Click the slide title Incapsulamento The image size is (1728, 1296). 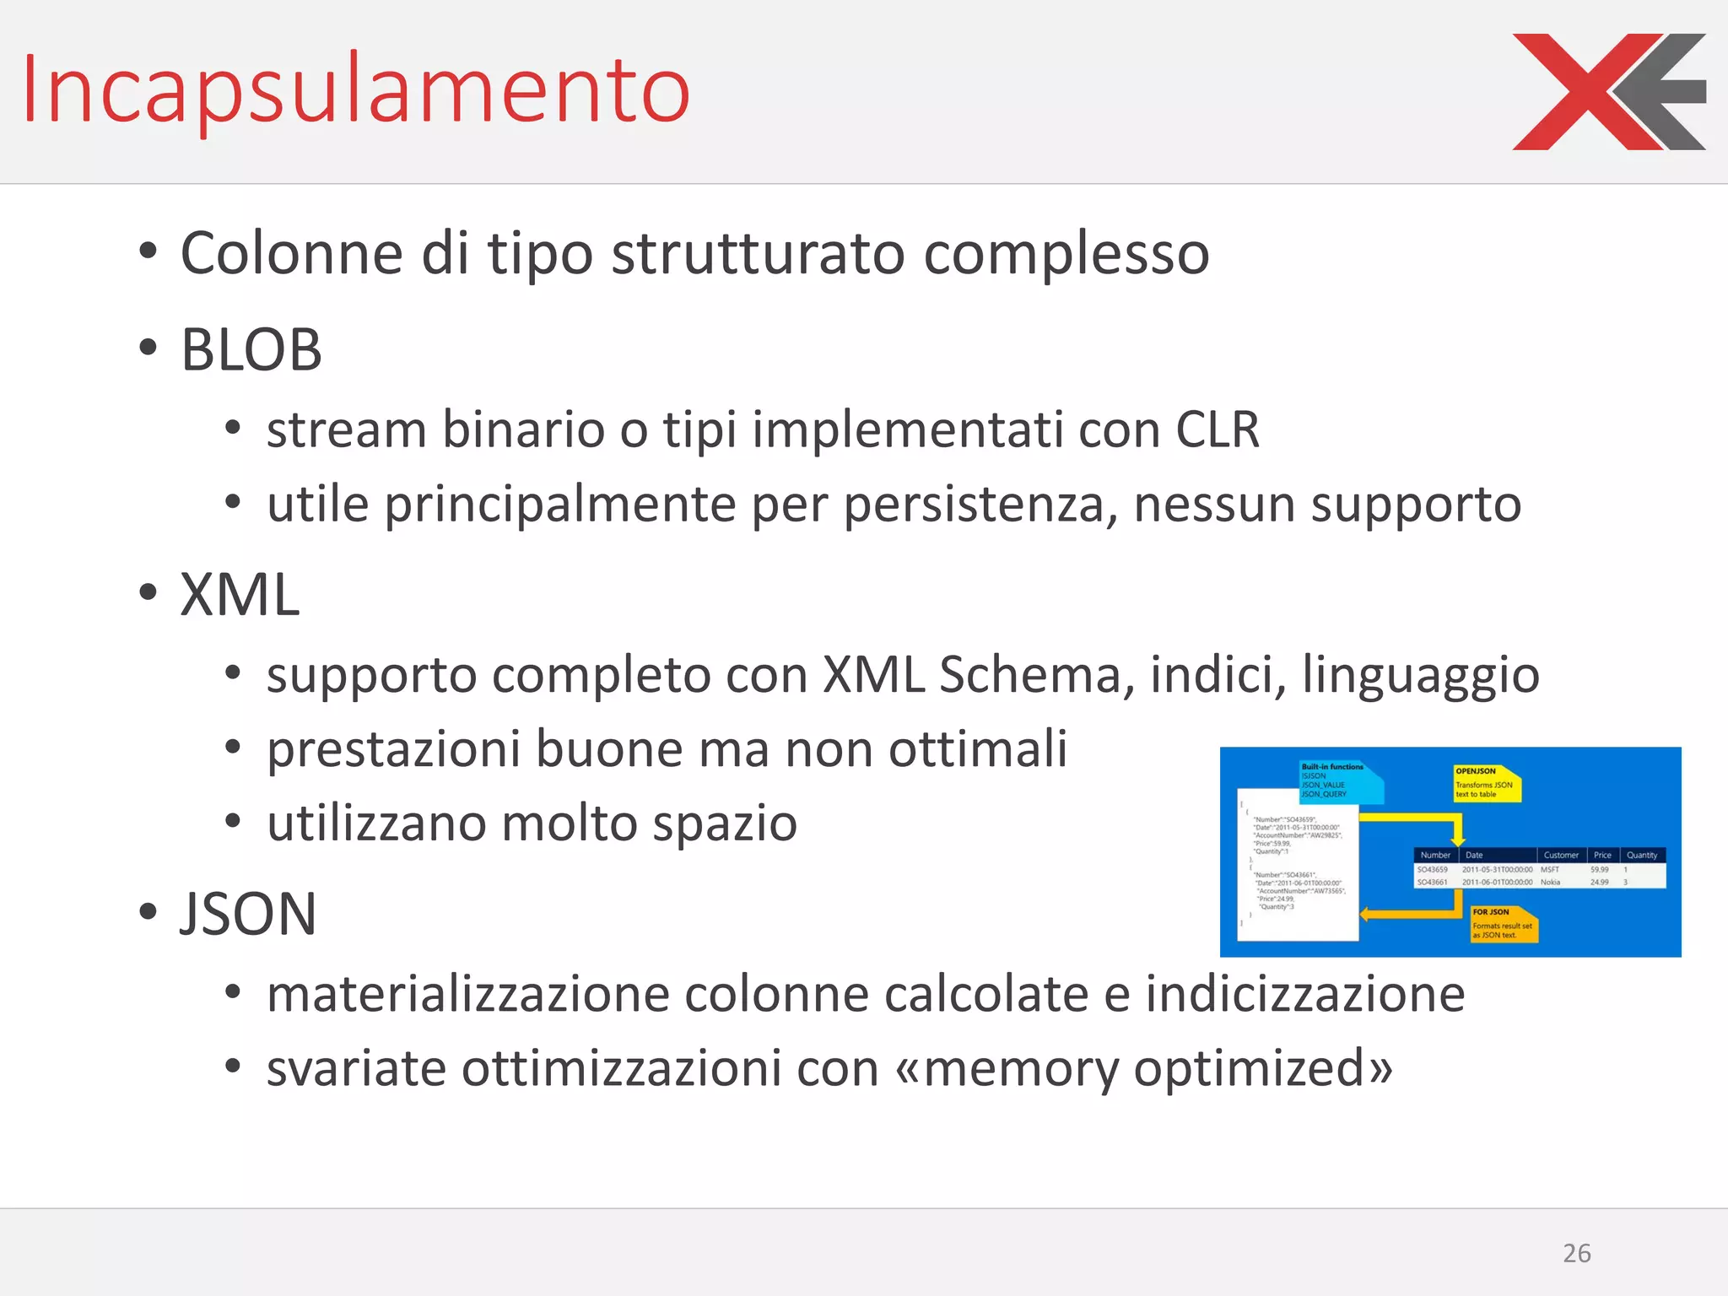click(x=355, y=89)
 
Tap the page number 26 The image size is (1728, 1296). click(x=1576, y=1253)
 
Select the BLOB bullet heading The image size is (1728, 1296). click(x=251, y=349)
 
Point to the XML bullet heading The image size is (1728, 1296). click(x=240, y=595)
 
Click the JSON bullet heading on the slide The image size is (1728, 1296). click(x=248, y=914)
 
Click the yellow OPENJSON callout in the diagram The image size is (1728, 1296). click(x=1485, y=782)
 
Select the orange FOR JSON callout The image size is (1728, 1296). click(x=1503, y=923)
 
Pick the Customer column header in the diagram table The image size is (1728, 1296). click(x=1560, y=855)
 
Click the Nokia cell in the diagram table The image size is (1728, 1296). click(x=1550, y=882)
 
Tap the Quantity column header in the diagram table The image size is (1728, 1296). click(x=1641, y=855)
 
